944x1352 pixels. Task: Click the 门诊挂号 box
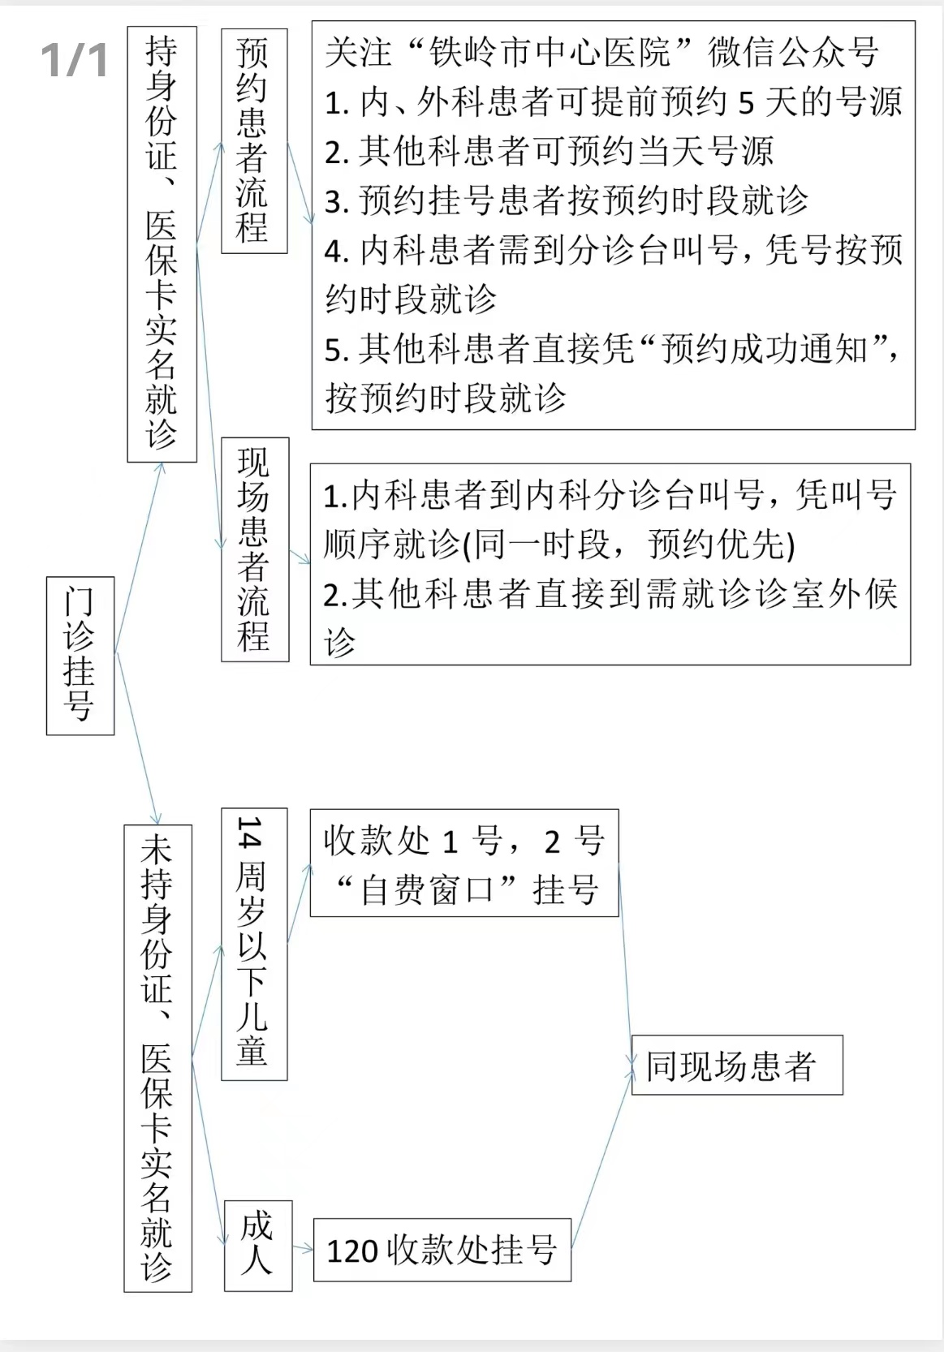(80, 656)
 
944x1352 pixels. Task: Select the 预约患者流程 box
(254, 140)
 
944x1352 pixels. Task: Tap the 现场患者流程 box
(256, 549)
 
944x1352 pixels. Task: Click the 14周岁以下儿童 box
(254, 944)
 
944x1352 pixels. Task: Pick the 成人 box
(258, 1246)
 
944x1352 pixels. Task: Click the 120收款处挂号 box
(442, 1250)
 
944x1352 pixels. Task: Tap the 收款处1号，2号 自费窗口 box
(464, 863)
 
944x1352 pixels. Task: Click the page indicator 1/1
(74, 60)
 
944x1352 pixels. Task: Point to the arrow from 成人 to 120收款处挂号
(303, 1247)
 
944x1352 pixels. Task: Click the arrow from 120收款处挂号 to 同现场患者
(601, 1159)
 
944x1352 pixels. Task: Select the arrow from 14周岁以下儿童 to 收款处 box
(300, 902)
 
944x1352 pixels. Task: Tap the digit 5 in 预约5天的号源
(746, 102)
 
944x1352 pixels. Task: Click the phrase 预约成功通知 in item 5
(765, 349)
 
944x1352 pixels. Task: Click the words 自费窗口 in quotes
(426, 890)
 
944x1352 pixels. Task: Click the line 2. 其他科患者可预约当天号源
(549, 151)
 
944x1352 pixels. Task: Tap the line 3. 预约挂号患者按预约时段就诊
(567, 200)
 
